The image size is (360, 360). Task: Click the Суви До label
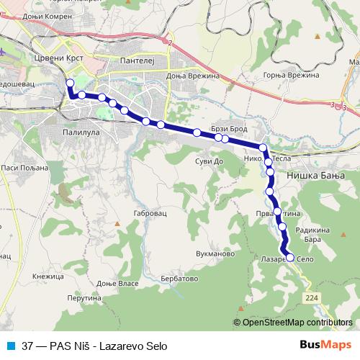pyautogui.click(x=210, y=161)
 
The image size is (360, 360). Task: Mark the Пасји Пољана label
pyautogui.click(x=24, y=168)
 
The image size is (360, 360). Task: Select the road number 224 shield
pyautogui.click(x=311, y=296)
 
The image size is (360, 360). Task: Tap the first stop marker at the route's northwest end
pyautogui.click(x=70, y=84)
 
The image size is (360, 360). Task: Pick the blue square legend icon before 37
pyautogui.click(x=10, y=345)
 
